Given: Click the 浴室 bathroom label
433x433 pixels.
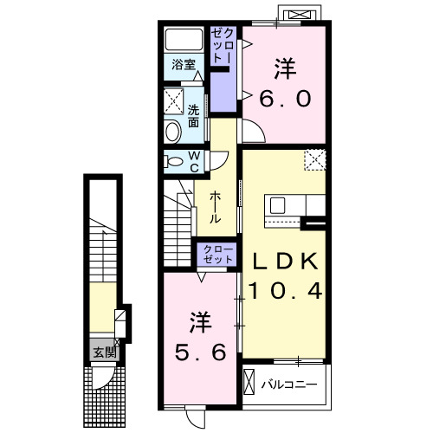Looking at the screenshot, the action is click(x=184, y=65).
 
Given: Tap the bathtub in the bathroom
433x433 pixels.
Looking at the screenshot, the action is click(x=184, y=40).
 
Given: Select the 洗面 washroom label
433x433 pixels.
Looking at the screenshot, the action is click(x=193, y=116).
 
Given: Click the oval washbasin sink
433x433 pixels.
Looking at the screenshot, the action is click(x=172, y=132).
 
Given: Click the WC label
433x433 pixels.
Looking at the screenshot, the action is click(x=195, y=162).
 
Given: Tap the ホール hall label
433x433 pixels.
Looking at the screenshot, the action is click(x=215, y=208).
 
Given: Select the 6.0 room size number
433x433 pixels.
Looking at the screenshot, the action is click(x=285, y=99).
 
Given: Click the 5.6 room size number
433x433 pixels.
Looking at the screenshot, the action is click(x=200, y=352).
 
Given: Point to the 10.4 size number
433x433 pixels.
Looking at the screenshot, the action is click(x=285, y=291).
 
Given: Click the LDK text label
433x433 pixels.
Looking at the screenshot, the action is click(x=285, y=262).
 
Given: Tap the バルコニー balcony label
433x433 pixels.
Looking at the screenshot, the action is click(x=289, y=385).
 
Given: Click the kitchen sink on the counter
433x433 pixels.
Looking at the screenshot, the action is click(x=277, y=205).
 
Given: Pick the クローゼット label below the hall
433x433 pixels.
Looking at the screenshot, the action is click(x=218, y=255).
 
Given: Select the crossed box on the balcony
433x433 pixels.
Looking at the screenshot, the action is click(x=249, y=382).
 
